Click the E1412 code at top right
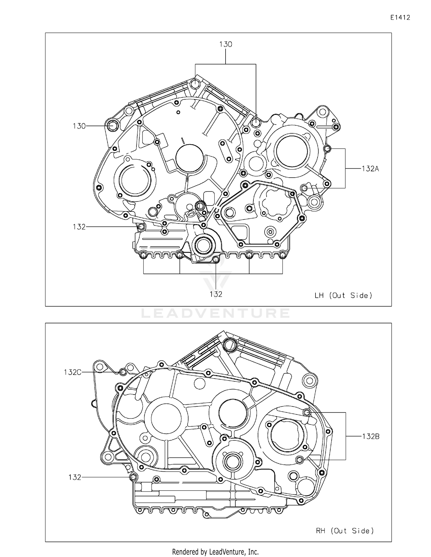pyautogui.click(x=400, y=18)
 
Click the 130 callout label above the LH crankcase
pyautogui.click(x=226, y=44)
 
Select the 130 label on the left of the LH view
pyautogui.click(x=79, y=126)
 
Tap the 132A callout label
pyautogui.click(x=370, y=169)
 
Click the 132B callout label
pyautogui.click(x=370, y=436)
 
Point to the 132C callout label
pyautogui.click(x=72, y=372)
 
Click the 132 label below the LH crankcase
pyautogui.click(x=215, y=294)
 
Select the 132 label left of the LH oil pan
pyautogui.click(x=79, y=227)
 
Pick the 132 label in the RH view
pyautogui.click(x=75, y=477)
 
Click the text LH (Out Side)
pyautogui.click(x=343, y=295)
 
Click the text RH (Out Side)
pyautogui.click(x=345, y=531)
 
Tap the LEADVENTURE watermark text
pyautogui.click(x=215, y=313)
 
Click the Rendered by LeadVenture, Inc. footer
pyautogui.click(x=215, y=552)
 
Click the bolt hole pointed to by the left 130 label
pyautogui.click(x=112, y=126)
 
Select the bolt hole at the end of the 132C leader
pyautogui.click(x=123, y=372)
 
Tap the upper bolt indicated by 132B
pyautogui.click(x=307, y=412)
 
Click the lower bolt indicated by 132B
pyautogui.click(x=299, y=460)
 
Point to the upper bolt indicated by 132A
pyautogui.click(x=327, y=149)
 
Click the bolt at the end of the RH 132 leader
pyautogui.click(x=132, y=477)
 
